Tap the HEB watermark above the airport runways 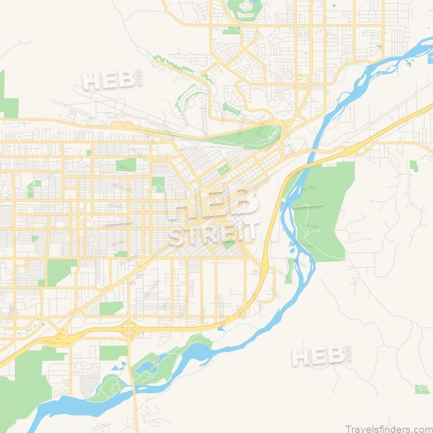coord(109,80)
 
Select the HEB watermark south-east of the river coord(319,356)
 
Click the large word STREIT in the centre coord(214,232)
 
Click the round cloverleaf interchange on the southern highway coord(129,328)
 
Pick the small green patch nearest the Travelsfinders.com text coord(422,389)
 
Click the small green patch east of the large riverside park coord(414,165)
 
